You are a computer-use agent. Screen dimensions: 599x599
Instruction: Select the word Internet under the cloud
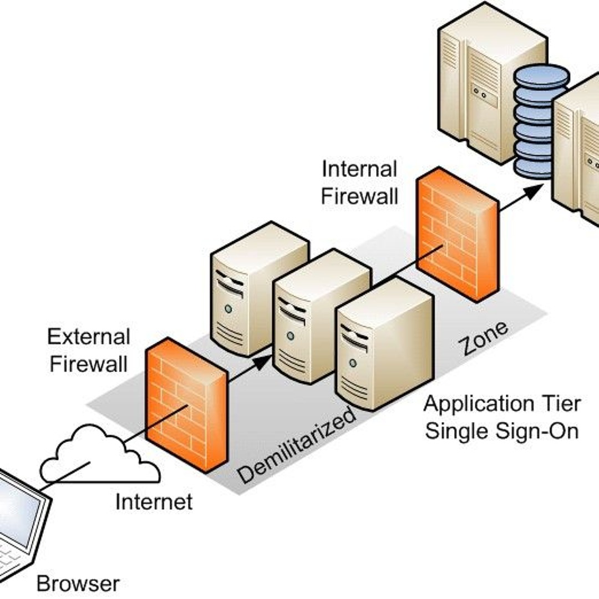[154, 502]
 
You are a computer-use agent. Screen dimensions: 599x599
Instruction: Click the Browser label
[78, 583]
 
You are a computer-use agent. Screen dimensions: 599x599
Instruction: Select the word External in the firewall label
[89, 337]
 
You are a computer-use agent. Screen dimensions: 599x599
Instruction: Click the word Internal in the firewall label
[359, 169]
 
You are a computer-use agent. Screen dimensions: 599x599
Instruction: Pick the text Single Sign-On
[501, 431]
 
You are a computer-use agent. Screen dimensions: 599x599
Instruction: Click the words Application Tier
[501, 403]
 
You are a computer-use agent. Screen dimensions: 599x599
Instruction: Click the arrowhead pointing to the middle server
[265, 361]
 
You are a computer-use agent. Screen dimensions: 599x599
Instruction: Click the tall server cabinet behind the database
[488, 78]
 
